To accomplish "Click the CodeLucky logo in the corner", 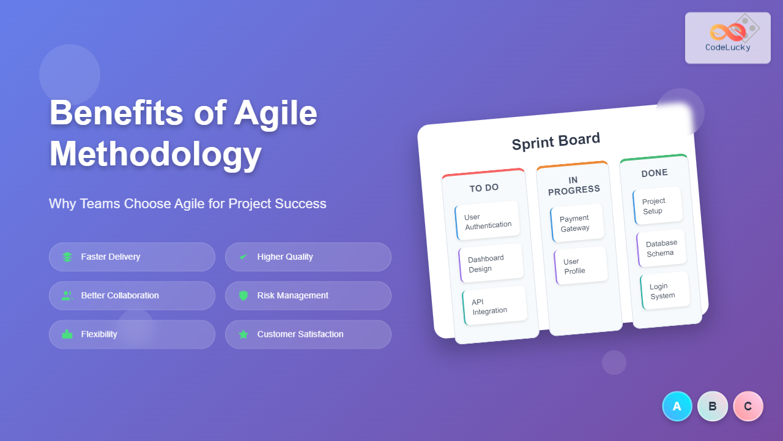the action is [728, 38].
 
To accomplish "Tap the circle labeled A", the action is [677, 406].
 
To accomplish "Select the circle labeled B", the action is [713, 406].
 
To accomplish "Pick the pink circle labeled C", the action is [748, 406].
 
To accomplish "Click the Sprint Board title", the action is [556, 141].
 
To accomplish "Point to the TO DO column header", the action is [484, 188].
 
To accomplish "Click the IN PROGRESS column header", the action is [574, 186].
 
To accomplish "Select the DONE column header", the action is [655, 173].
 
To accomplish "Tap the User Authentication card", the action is [488, 221].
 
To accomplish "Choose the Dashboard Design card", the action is [491, 263].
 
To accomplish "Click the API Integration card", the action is [495, 306].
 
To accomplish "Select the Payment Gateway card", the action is [577, 223].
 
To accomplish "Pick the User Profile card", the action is [581, 266].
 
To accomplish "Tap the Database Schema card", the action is [661, 248].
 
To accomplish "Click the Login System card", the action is [665, 291].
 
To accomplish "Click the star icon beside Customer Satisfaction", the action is [243, 334].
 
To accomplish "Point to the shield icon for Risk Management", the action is [243, 296].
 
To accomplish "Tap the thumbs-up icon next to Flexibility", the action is [67, 334].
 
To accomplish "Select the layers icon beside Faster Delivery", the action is [67, 257].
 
